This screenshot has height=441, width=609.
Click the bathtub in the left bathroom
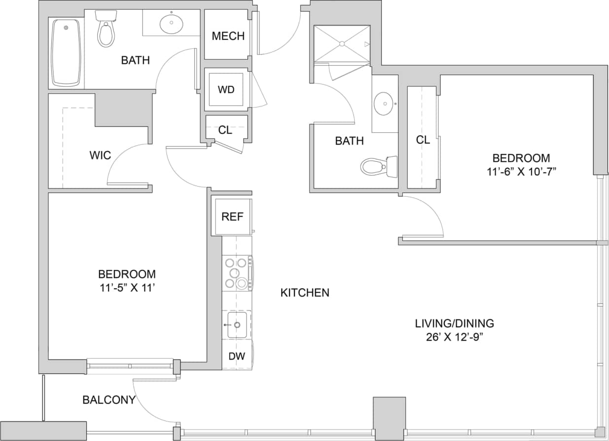tap(66, 52)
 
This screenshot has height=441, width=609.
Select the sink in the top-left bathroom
tap(172, 23)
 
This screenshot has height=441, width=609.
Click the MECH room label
tap(228, 36)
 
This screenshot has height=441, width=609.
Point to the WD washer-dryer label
tap(226, 90)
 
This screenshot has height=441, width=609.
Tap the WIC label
tap(100, 155)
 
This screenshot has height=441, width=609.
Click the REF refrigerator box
tap(232, 217)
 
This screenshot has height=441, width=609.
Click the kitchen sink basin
tap(237, 325)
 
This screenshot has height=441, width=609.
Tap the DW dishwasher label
tap(236, 356)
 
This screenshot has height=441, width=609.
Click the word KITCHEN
tap(305, 293)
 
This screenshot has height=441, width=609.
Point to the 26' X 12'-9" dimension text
tap(454, 337)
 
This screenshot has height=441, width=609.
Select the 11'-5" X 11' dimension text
tap(127, 288)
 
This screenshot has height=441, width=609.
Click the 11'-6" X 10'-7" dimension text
tap(521, 172)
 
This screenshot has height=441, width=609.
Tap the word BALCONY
tap(108, 400)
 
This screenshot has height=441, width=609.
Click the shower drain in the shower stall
tap(341, 44)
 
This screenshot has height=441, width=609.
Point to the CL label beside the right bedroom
tap(423, 140)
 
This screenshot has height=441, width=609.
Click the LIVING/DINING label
tap(454, 324)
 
